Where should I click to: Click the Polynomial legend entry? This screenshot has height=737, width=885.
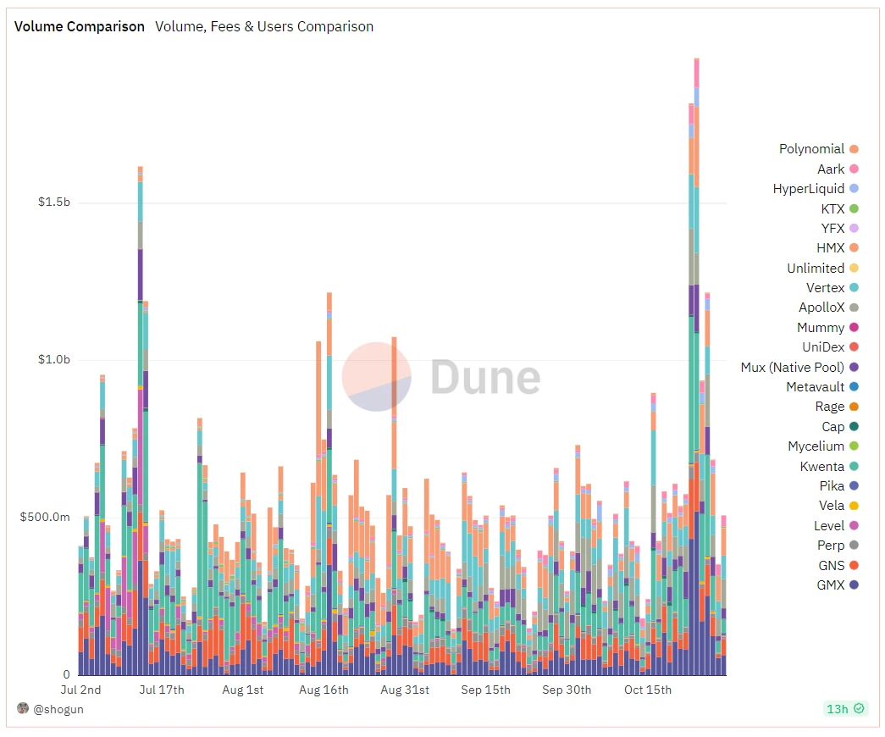(x=811, y=149)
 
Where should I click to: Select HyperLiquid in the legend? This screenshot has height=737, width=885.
(x=808, y=189)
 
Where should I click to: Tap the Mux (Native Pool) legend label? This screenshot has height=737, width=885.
(x=792, y=368)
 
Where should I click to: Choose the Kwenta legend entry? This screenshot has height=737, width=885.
(x=821, y=467)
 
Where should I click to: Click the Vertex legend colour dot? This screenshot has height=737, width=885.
(x=854, y=288)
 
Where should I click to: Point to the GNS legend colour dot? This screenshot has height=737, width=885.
(x=854, y=565)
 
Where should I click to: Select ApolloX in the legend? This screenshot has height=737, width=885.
(x=821, y=308)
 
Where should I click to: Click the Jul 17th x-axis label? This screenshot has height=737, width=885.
(x=161, y=690)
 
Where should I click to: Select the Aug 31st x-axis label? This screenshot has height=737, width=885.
(x=405, y=690)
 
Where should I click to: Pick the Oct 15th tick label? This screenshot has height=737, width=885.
(x=648, y=690)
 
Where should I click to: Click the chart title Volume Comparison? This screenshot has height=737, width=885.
(x=80, y=26)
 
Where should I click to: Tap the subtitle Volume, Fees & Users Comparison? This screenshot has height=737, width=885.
(x=264, y=26)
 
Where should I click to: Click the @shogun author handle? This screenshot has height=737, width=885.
(x=58, y=709)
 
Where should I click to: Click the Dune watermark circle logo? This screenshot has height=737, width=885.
(x=377, y=377)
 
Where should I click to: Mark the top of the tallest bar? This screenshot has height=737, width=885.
(x=696, y=59)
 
